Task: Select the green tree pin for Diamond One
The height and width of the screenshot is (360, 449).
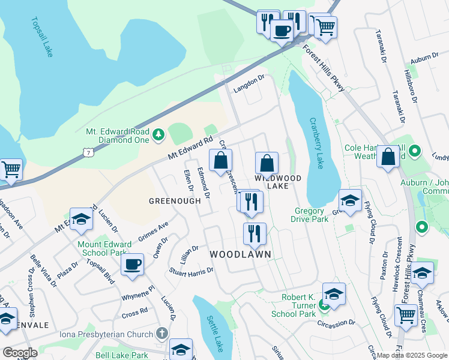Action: [158, 134]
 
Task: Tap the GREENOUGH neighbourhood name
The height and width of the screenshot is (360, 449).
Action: [175, 201]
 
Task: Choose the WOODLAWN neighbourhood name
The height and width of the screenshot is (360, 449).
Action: [240, 254]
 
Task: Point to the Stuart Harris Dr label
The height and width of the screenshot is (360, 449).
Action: [191, 272]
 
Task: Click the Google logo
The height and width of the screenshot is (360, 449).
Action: [19, 353]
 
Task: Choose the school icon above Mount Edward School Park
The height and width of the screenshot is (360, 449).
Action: [80, 220]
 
